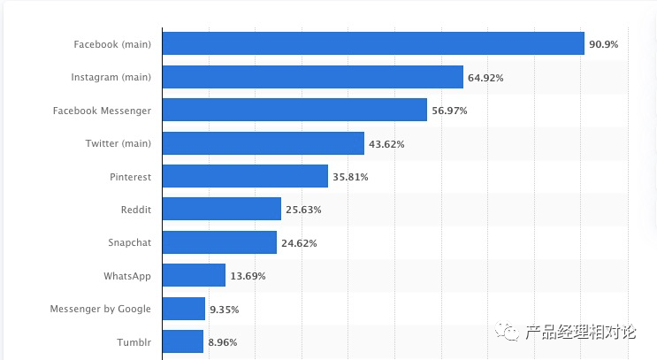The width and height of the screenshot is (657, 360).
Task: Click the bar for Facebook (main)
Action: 373,43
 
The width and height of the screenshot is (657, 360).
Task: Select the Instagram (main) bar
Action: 313,77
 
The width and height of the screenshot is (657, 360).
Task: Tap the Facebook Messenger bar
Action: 295,110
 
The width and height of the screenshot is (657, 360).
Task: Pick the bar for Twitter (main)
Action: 264,143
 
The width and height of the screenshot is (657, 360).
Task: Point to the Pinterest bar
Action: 245,176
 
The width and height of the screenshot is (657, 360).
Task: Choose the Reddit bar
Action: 222,210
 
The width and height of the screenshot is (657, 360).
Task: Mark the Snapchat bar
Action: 219,242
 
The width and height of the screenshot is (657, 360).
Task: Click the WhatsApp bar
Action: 195,275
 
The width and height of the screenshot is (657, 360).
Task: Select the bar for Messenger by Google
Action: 184,309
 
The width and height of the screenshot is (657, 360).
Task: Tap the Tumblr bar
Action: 183,341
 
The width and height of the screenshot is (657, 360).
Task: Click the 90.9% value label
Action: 604,44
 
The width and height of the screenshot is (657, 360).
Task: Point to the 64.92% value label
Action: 485,78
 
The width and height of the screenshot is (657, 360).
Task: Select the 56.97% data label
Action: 449,111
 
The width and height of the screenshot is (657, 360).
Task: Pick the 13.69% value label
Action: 248,276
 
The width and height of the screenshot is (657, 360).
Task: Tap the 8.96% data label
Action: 222,342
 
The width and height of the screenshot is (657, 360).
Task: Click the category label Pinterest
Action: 130,177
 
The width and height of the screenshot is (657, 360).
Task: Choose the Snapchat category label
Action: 129,243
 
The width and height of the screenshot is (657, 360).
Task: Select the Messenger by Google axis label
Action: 101,309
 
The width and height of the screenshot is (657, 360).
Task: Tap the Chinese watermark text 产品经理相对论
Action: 580,333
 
